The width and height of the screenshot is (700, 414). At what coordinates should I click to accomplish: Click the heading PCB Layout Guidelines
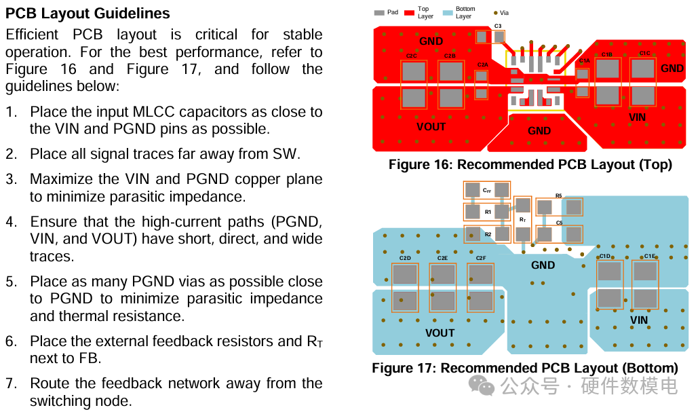tap(87, 14)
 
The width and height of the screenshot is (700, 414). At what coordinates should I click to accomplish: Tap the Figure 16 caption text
tap(530, 165)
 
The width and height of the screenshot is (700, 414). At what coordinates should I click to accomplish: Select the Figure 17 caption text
tap(524, 369)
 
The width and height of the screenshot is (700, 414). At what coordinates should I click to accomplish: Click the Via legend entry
tap(501, 12)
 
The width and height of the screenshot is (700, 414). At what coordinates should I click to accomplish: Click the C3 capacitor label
tap(498, 26)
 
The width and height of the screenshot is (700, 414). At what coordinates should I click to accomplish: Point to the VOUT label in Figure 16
tap(431, 127)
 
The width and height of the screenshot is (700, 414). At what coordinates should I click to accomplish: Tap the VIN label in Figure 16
tap(638, 117)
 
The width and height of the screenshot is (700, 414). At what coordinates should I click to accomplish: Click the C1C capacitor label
tap(644, 54)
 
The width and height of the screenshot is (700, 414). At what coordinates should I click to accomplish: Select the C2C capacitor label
tap(412, 56)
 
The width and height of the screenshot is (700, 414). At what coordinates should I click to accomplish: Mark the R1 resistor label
tap(488, 212)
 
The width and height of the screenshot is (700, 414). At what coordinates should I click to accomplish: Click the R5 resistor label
tap(558, 195)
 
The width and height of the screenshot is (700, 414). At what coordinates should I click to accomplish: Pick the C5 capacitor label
tap(559, 223)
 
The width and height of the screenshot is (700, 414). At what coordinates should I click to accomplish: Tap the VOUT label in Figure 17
tap(440, 333)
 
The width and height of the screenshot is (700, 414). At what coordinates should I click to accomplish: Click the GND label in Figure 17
tap(543, 265)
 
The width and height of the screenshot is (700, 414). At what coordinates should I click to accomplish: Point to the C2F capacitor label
tap(480, 258)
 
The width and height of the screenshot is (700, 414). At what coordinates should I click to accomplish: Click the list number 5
tap(11, 282)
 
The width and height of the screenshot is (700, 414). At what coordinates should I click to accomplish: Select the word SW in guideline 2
tap(285, 154)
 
